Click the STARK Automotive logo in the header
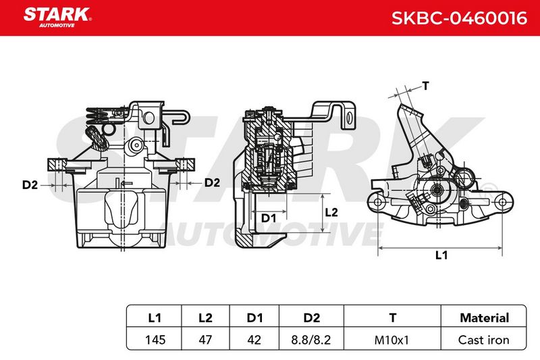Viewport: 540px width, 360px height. click(57, 18)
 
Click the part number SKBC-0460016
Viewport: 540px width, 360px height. click(459, 18)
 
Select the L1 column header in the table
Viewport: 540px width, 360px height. click(155, 317)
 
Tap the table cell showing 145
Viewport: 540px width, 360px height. click(155, 340)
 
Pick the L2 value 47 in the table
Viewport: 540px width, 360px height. click(205, 340)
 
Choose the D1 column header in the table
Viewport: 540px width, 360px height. click(254, 317)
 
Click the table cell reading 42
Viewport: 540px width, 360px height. click(254, 340)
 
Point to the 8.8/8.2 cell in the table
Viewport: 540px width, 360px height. click(311, 340)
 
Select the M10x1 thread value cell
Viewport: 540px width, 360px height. click(391, 340)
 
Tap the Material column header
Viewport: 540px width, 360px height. click(484, 317)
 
